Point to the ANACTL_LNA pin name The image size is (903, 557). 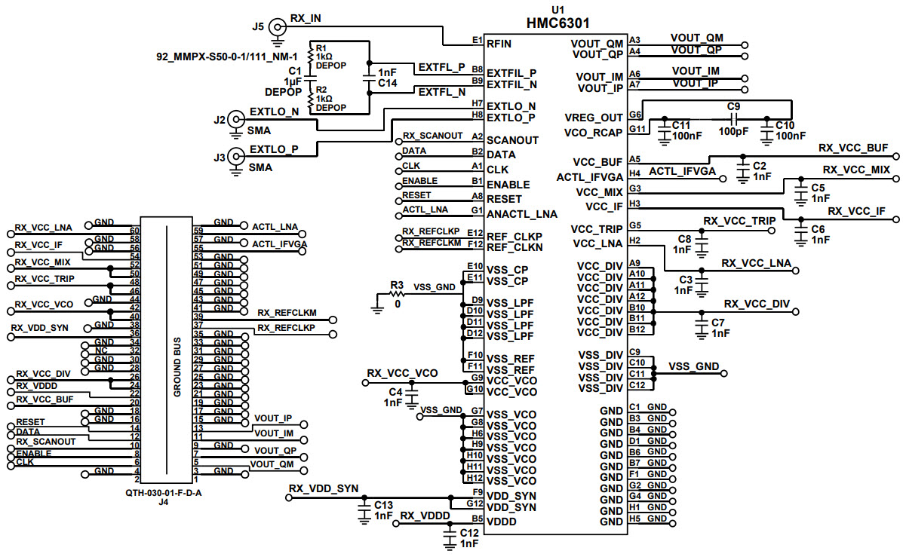point(522,214)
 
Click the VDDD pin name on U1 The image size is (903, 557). point(501,521)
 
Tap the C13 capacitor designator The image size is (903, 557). point(383,504)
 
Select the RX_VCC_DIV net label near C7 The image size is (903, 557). point(757,304)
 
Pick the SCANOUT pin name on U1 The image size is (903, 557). point(512,139)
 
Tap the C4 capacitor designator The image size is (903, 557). point(395,391)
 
